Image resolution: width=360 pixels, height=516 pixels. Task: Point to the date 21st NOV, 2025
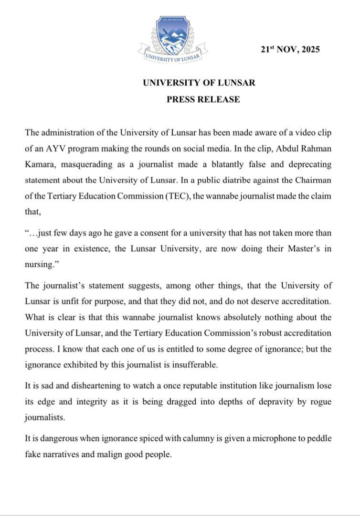pyautogui.click(x=290, y=49)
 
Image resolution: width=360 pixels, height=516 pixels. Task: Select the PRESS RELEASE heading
pyautogui.click(x=203, y=99)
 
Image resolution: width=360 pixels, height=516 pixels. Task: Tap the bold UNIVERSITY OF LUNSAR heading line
pyautogui.click(x=199, y=82)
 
